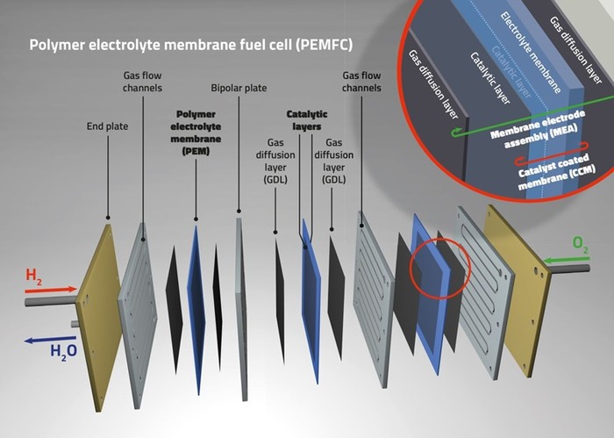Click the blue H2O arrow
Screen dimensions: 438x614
pyautogui.click(x=48, y=341)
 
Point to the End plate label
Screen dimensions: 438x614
pyautogui.click(x=107, y=126)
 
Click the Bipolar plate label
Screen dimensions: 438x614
pyautogui.click(x=238, y=89)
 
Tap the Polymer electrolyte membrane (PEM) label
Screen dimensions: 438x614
pyautogui.click(x=196, y=133)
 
